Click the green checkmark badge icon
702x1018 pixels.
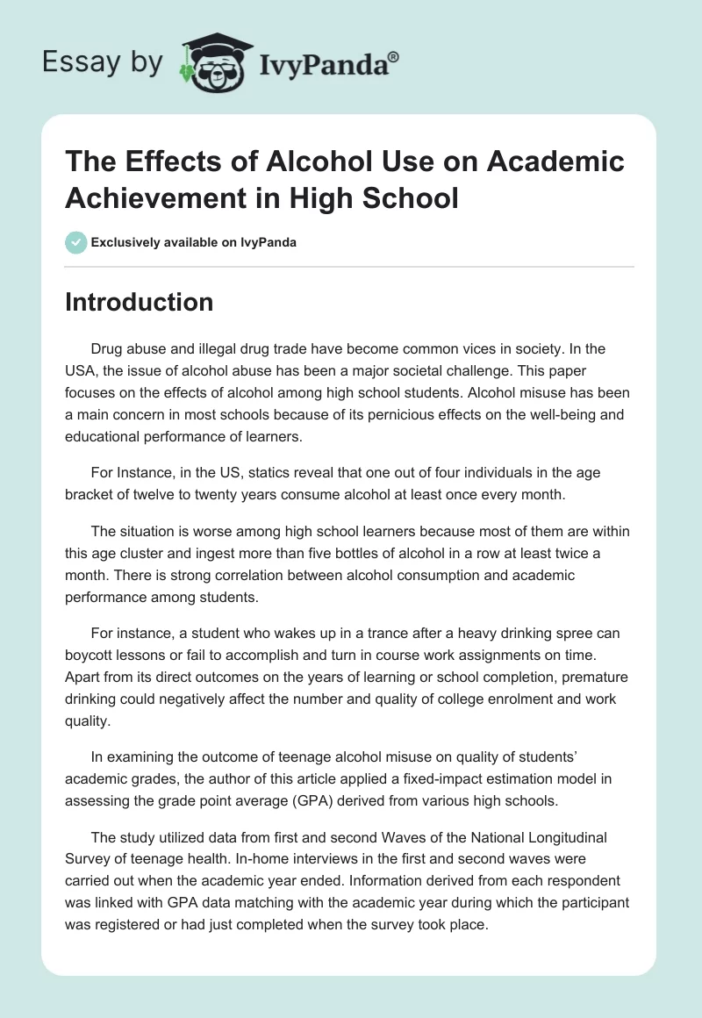coord(76,242)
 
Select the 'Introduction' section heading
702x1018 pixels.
coord(140,302)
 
